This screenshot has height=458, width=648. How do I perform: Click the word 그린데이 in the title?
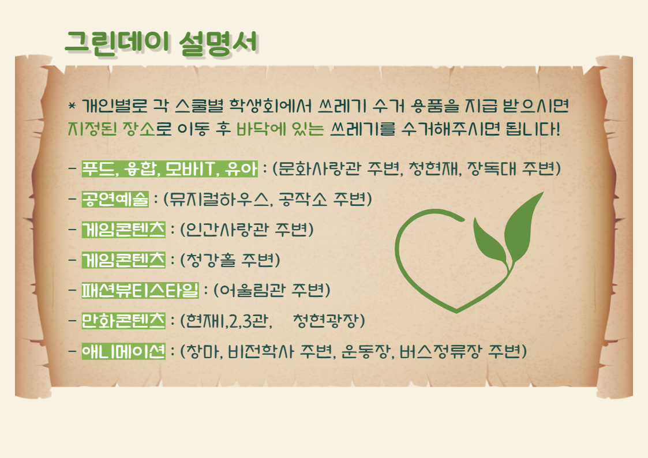click(118, 42)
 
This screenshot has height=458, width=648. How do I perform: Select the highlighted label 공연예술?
click(115, 199)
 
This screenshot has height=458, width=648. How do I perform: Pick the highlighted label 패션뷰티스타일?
click(140, 290)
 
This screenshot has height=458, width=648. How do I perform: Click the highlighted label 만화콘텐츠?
click(123, 321)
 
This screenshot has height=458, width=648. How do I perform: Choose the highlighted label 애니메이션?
click(123, 351)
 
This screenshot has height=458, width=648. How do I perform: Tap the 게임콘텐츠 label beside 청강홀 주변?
click(123, 260)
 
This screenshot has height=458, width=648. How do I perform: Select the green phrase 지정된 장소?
click(111, 129)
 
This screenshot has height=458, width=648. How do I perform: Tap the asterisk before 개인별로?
click(72, 106)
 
